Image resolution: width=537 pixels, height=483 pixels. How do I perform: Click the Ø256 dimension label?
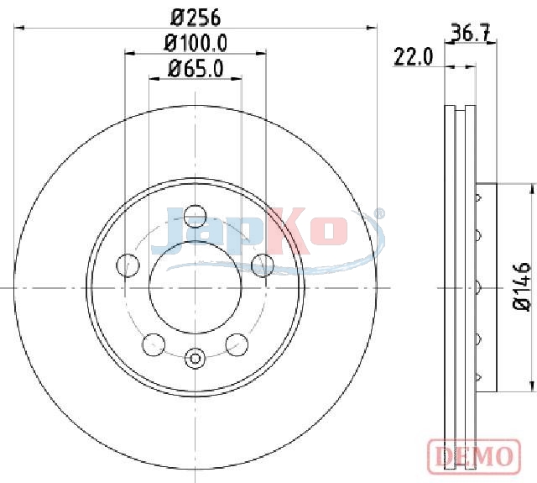point(196,18)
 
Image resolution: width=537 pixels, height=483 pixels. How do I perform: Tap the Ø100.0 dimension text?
point(196,44)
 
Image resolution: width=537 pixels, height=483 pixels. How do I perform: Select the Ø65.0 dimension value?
point(196,69)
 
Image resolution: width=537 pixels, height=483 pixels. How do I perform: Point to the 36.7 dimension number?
point(470,33)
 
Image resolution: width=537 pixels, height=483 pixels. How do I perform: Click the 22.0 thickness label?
point(414,57)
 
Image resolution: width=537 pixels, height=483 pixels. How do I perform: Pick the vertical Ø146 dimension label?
point(522,286)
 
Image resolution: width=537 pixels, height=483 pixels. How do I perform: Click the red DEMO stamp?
point(475,456)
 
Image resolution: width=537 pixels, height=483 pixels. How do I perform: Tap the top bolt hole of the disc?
point(196,217)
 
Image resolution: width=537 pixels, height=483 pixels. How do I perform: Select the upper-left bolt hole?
point(128,265)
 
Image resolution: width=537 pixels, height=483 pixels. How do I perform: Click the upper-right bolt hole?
point(263,265)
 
